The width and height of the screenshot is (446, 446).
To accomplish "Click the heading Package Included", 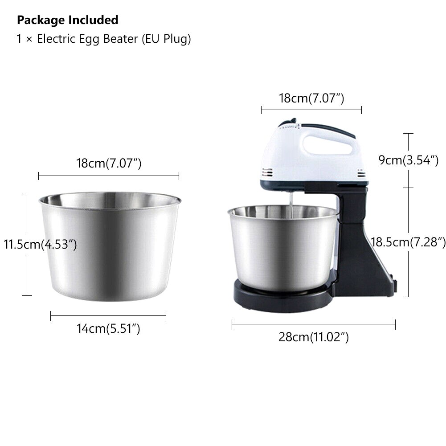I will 68,20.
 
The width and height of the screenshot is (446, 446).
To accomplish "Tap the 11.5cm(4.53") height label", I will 41,245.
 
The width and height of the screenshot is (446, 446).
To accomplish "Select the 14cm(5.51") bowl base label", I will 108,329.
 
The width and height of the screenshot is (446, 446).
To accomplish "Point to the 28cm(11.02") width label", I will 314,337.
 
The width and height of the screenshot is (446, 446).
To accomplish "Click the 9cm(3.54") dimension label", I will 409,160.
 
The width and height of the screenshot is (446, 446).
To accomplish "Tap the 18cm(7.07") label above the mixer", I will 311,98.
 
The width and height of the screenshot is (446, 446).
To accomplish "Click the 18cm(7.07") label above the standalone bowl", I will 109,164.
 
